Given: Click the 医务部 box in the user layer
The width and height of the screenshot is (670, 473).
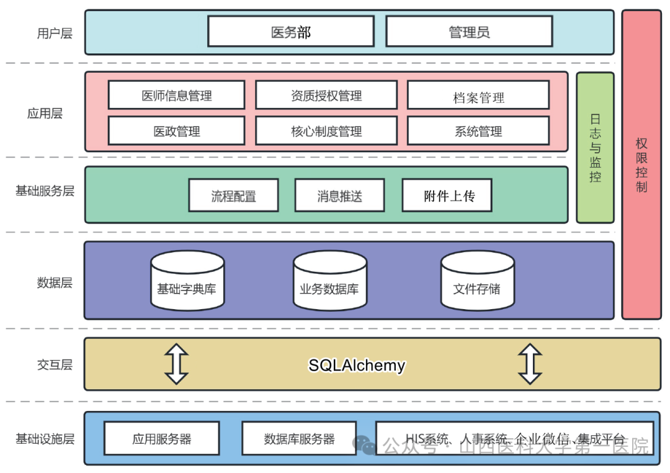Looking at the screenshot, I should click(290, 32).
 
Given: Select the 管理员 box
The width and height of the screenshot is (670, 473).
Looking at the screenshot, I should click(469, 32).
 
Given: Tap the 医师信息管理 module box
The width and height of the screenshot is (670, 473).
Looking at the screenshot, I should click(176, 96).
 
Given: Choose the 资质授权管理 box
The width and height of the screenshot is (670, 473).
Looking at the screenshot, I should click(326, 96).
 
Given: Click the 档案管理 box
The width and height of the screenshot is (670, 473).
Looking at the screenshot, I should click(478, 96).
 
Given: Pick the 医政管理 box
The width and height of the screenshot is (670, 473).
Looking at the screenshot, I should click(176, 131).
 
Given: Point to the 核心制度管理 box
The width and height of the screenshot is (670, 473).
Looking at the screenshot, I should click(326, 131).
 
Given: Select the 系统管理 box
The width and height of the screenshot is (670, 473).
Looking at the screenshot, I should click(478, 131).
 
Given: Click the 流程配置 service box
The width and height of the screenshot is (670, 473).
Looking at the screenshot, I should click(233, 196).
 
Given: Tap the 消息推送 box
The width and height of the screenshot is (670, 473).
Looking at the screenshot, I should click(339, 196).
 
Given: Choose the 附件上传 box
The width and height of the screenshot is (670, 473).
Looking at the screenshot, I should click(448, 196).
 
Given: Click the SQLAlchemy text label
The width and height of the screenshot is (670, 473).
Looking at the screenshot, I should click(357, 365).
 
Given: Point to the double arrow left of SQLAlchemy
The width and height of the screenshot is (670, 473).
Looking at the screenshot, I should click(177, 364).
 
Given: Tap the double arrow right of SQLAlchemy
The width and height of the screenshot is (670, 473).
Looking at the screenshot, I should click(530, 364).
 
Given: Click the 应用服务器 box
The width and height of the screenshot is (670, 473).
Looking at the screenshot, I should click(162, 439).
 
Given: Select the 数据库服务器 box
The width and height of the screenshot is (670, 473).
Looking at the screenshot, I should click(299, 439).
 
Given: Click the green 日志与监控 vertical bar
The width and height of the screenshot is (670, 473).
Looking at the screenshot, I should click(595, 148).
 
